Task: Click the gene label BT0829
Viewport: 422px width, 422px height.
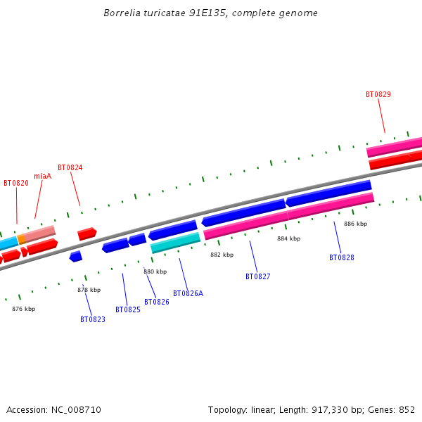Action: [x=378, y=94]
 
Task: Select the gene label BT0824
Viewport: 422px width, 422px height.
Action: [x=70, y=167]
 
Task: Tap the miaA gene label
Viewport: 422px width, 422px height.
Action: [x=42, y=176]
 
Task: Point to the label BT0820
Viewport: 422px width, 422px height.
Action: [x=16, y=183]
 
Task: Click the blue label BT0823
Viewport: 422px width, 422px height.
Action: [x=92, y=319]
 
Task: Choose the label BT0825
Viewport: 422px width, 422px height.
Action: [x=128, y=309]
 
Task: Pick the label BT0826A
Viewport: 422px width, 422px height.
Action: [x=188, y=293]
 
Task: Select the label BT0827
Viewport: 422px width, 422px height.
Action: [x=257, y=276]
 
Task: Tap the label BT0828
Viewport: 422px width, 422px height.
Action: [x=341, y=257]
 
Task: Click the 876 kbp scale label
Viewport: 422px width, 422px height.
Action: [x=23, y=309]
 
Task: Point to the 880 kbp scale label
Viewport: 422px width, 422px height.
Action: [x=155, y=271]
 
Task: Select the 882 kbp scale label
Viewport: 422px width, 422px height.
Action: [x=222, y=255]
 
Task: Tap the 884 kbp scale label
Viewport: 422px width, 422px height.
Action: [x=288, y=238]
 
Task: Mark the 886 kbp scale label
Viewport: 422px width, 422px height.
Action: [x=355, y=224]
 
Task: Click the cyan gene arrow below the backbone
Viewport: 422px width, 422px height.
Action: [x=175, y=243]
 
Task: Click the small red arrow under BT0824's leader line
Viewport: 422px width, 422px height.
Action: [x=87, y=233]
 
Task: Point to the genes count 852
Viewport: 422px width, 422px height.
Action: [x=407, y=409]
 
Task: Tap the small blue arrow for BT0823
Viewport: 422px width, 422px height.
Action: [x=76, y=257]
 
